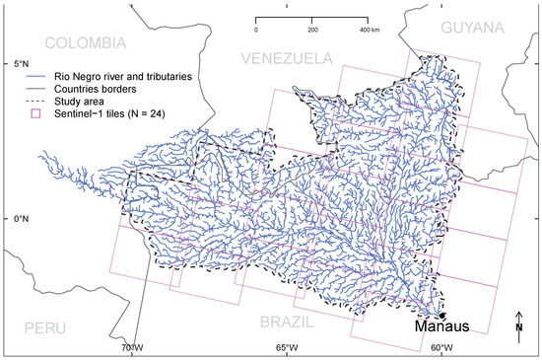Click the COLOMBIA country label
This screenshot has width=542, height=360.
[x=86, y=42]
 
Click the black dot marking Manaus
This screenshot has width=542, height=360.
[x=442, y=315]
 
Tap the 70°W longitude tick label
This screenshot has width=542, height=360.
[x=131, y=348]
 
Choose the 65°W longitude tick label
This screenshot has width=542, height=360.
[x=287, y=348]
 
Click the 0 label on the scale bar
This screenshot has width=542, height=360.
[x=256, y=32]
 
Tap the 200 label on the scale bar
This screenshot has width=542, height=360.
[x=312, y=32]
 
